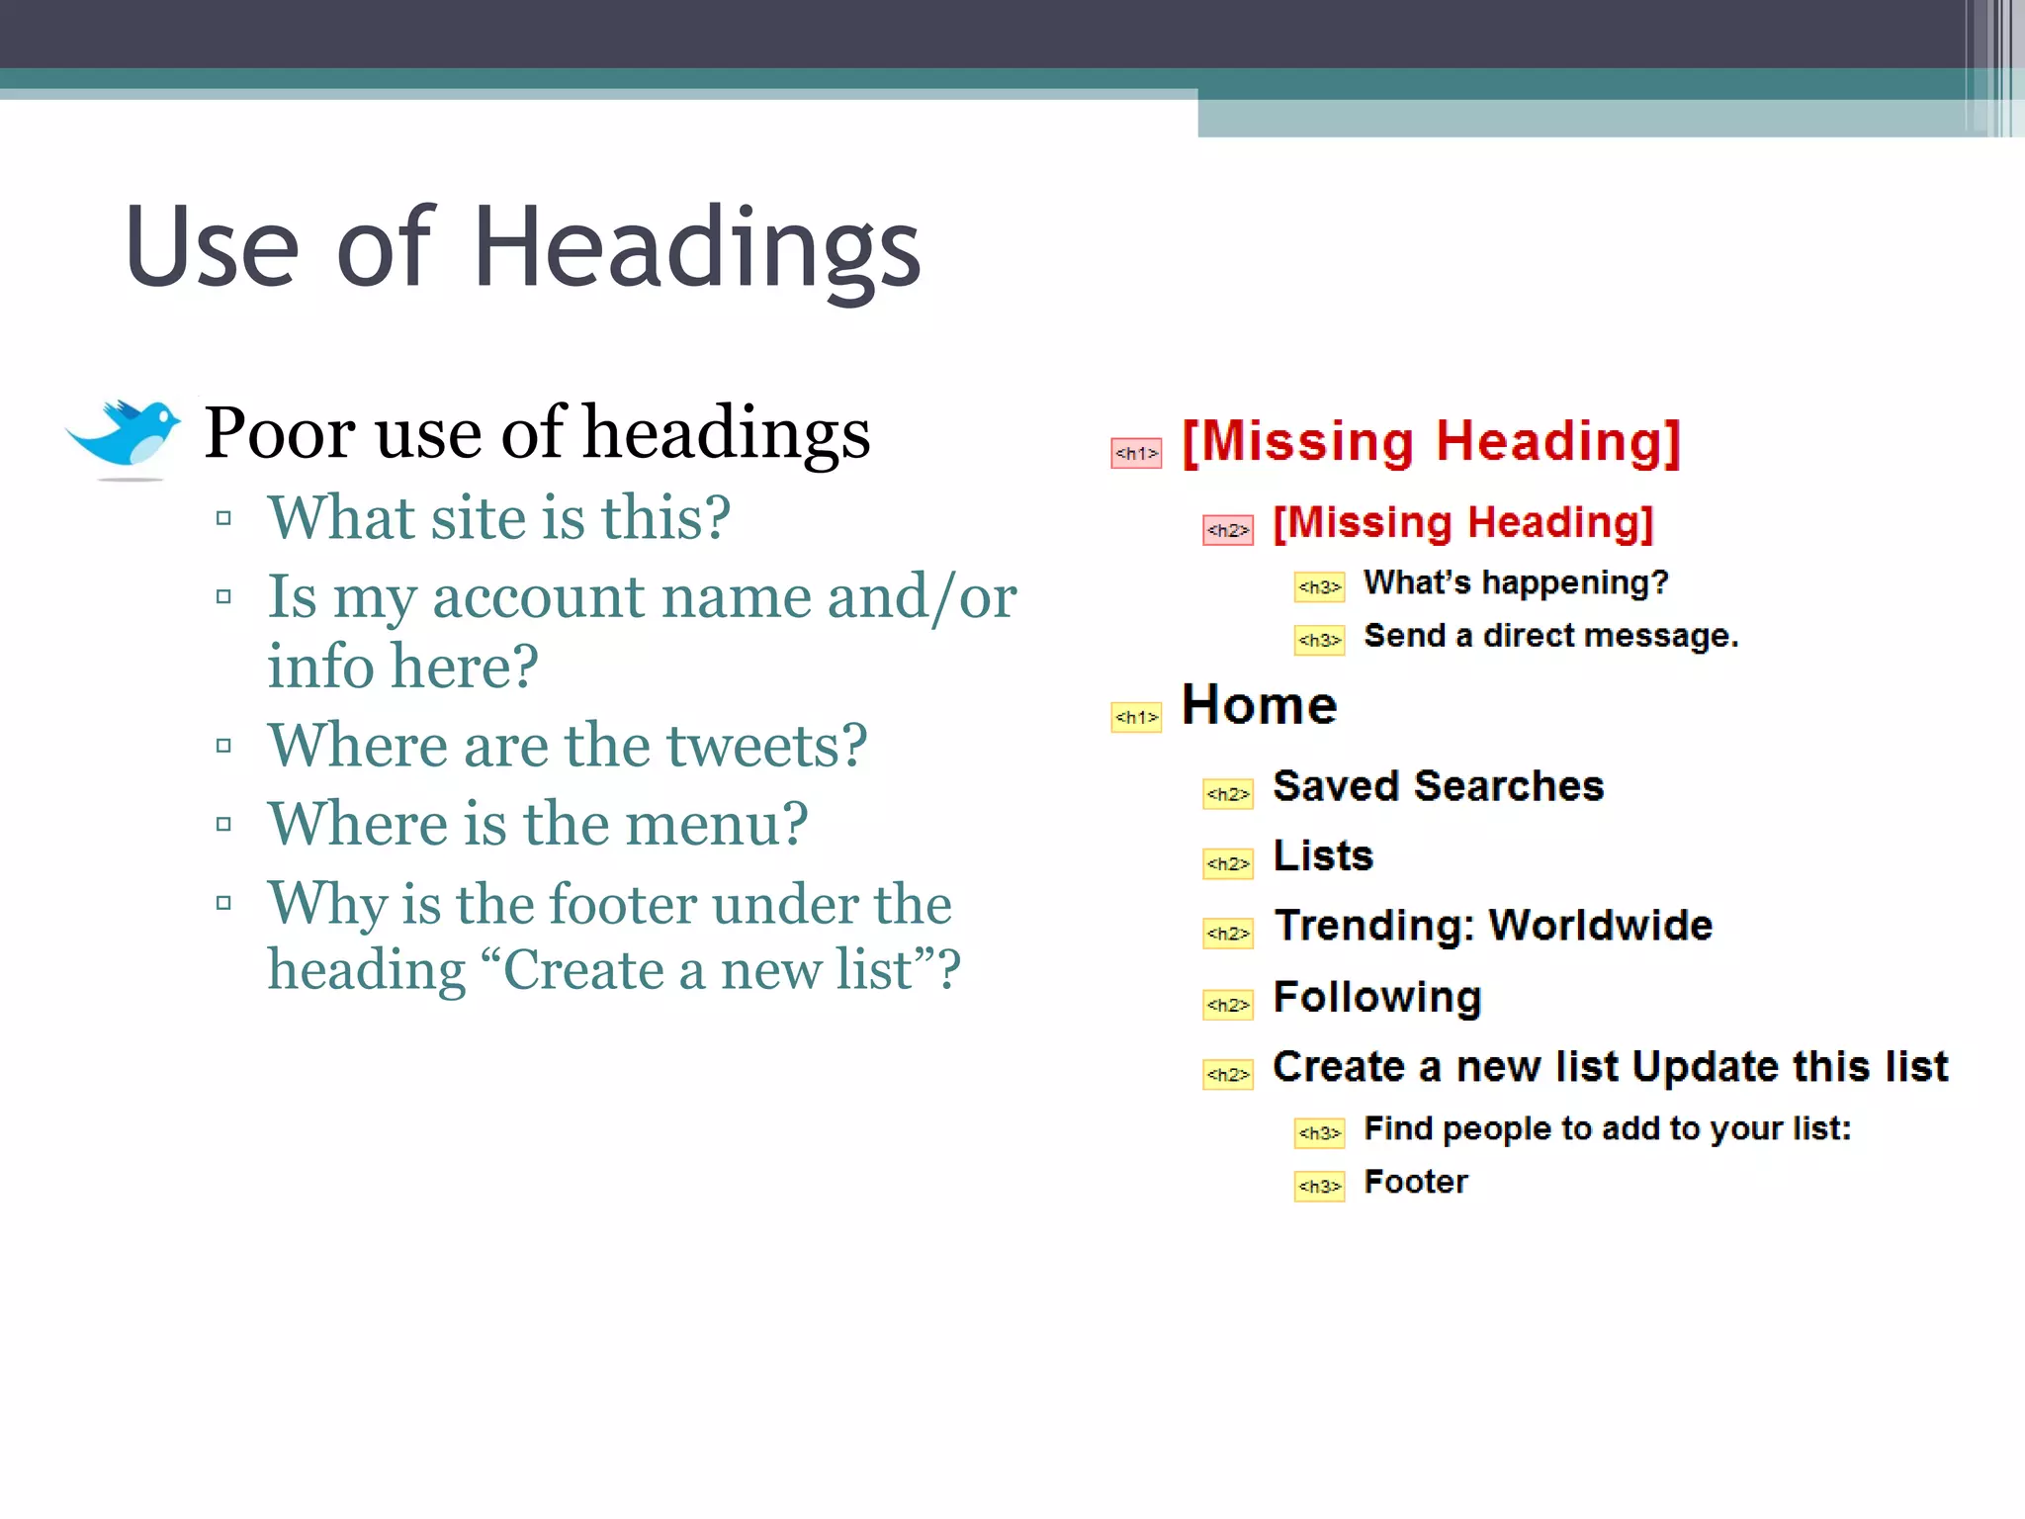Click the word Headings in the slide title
pos(697,247)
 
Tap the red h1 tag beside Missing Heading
pos(1136,453)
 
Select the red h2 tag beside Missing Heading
pos(1228,530)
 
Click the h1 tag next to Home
pos(1136,717)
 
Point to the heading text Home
pos(1259,705)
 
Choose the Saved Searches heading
pos(1438,786)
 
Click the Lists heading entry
pos(1323,855)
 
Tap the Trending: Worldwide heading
pos(1493,926)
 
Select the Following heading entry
pos(1377,997)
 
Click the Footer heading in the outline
pos(1416,1182)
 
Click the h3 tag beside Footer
pos(1319,1186)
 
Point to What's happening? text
pos(1516,582)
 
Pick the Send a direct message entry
pos(1550,636)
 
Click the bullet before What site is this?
pos(223,518)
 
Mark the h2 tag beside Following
pos(1228,1005)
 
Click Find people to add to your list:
pos(1607,1128)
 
